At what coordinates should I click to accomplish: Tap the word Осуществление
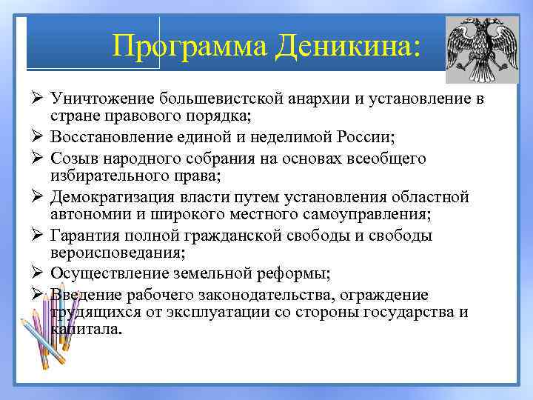pos(104,273)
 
